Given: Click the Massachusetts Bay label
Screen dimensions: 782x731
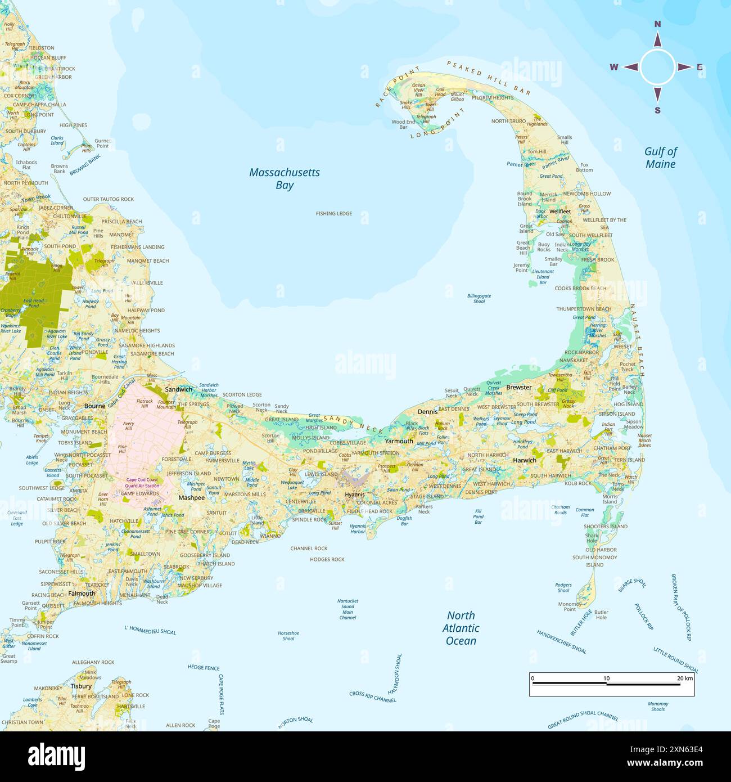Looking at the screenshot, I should pos(284,178).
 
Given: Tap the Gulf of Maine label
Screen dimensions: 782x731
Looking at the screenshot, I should pos(660,158).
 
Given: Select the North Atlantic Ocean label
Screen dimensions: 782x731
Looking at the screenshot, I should pos(461,628).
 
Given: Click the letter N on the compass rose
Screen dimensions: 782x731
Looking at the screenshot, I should pos(657,24).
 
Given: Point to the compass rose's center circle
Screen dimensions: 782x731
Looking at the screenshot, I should pos(657,67).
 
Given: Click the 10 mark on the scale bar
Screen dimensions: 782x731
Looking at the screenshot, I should pos(606,678).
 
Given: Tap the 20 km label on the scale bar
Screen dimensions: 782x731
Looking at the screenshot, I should pos(684,678).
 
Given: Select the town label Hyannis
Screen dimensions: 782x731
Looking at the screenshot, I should pos(355,495).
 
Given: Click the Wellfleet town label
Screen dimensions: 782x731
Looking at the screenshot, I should pos(559,212).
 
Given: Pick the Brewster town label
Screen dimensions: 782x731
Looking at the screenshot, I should pos(518,387).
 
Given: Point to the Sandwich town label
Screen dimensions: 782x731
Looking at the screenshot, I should pos(178,389).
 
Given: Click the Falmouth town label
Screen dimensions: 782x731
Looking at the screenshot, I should pos(82,594).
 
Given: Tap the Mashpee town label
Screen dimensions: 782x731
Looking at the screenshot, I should pos(191,498).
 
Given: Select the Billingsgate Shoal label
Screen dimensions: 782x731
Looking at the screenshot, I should pos(479,298).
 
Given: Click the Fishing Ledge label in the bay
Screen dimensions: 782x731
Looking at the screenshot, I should pos(333,214).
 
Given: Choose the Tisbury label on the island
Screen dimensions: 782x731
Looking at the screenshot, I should pos(81,686).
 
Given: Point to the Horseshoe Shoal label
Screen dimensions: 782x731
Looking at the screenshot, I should pos(288,636).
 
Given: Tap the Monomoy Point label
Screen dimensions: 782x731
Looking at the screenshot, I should pos(570,606).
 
